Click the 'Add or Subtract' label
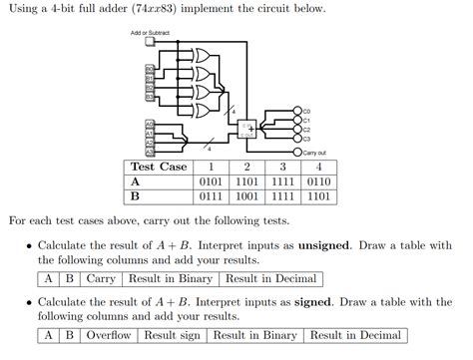(150, 33)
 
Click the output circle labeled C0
(297, 111)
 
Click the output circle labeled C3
(297, 139)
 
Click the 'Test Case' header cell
(159, 167)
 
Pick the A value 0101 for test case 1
(211, 182)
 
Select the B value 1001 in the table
(246, 197)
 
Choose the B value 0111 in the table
(211, 197)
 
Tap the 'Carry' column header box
(101, 279)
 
